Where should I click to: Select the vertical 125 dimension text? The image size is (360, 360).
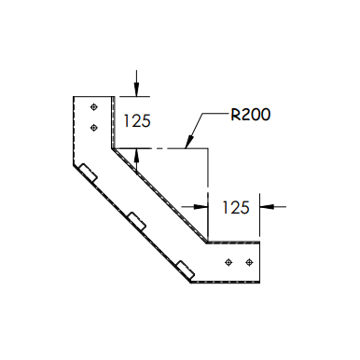pos(136,120)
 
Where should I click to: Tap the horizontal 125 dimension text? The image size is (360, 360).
pos(235,207)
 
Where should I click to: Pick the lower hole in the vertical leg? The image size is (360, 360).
pos(93,126)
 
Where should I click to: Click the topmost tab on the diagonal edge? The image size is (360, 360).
pos(89,173)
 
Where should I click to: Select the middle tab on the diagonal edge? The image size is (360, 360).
pos(138,220)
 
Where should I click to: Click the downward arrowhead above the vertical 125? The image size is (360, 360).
pos(136,91)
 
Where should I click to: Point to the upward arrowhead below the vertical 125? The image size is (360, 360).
pos(136,154)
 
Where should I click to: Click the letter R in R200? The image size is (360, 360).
pos(236,116)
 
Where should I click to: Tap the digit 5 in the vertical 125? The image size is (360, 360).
pos(146,120)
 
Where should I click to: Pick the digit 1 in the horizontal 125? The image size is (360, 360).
pos(225,207)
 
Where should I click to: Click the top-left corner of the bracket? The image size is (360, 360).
pos(74,97)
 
